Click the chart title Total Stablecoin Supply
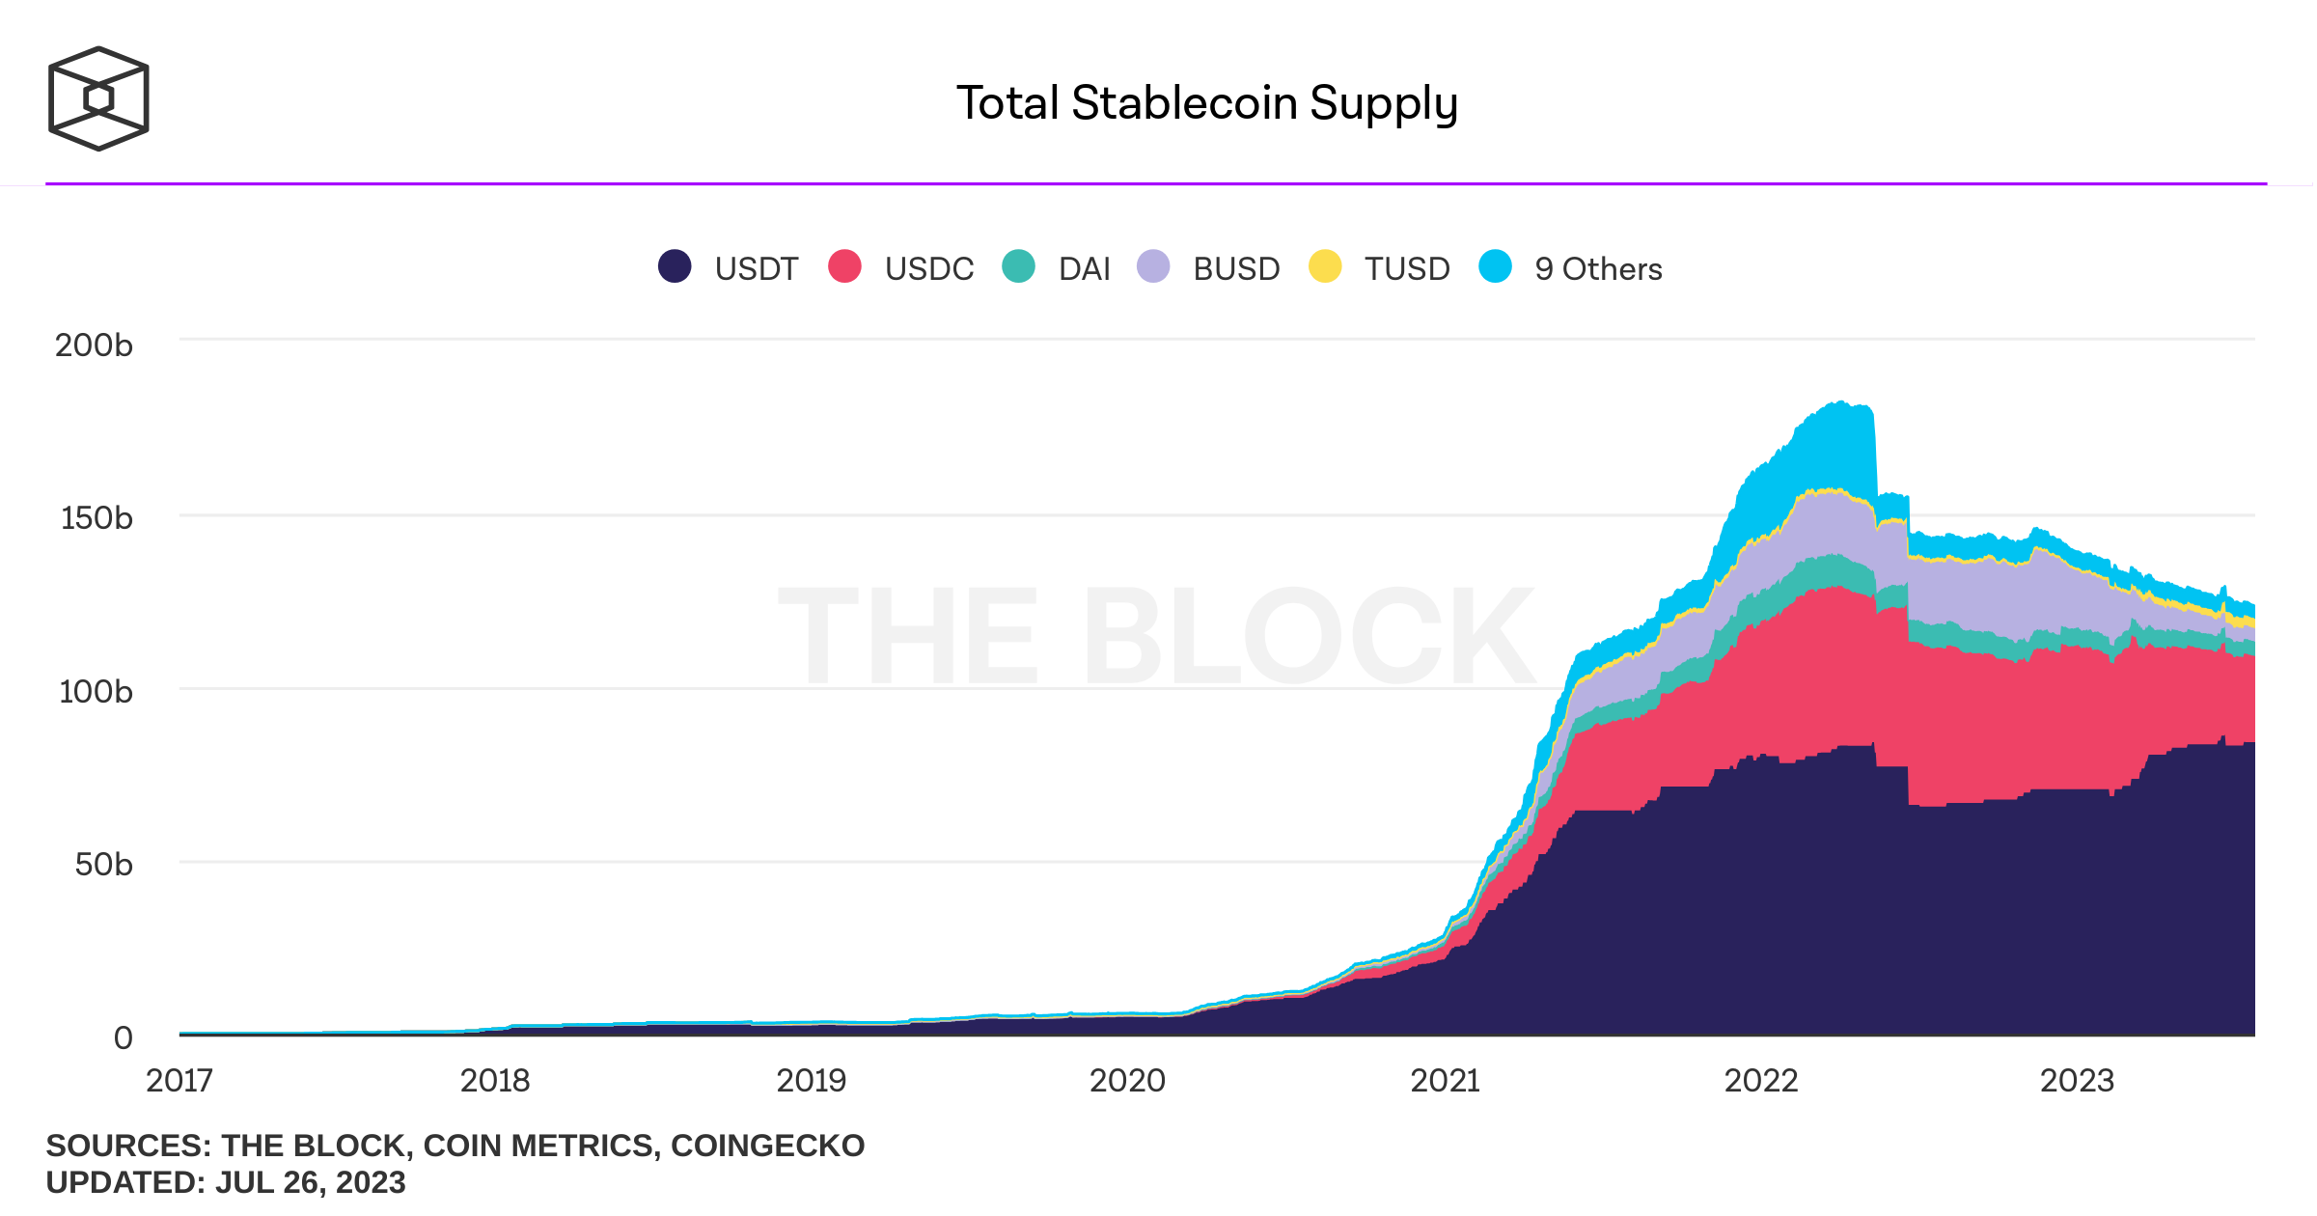1206,103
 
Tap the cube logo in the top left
98,98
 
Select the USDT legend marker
675,266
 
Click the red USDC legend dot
844,266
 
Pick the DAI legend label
1084,268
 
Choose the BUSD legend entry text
1236,268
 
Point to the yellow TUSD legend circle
1325,266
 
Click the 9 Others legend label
1598,268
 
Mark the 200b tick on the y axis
94,345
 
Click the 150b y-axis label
97,517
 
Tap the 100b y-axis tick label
96,691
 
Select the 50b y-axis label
103,864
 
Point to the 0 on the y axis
123,1037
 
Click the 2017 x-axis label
179,1080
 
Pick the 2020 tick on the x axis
1127,1080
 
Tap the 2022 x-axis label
1761,1080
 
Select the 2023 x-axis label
2077,1080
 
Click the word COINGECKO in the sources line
767,1146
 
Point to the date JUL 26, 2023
310,1182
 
